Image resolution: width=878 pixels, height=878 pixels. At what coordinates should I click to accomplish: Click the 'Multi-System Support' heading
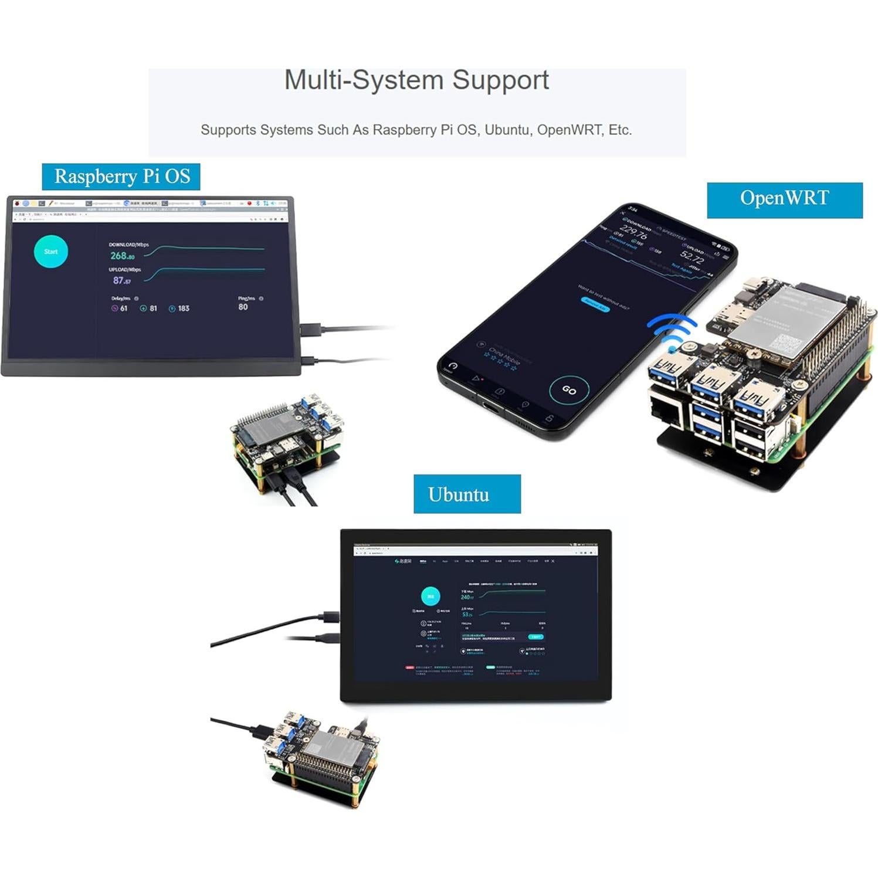click(416, 80)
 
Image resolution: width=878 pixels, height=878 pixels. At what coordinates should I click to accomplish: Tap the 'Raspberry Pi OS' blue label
click(121, 177)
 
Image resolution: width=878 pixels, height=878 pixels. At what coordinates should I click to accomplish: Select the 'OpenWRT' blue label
click(784, 198)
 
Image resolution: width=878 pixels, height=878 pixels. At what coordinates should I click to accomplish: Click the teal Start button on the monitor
click(51, 252)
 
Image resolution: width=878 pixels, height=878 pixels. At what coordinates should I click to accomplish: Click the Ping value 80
click(243, 307)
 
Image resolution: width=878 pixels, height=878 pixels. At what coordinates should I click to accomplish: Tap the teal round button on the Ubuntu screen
click(430, 596)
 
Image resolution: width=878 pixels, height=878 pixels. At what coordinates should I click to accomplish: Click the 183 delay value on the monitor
click(183, 309)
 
